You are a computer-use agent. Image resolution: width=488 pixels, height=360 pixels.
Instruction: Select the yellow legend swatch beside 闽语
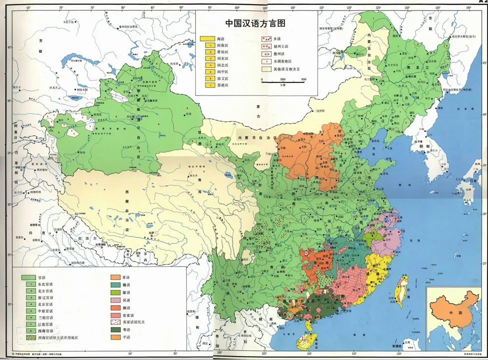(206, 38)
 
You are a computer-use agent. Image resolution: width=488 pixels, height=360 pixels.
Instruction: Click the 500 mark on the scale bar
(304, 79)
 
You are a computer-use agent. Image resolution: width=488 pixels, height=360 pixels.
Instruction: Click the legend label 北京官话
(45, 304)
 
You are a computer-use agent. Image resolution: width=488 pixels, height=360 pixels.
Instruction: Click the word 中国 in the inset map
(441, 313)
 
